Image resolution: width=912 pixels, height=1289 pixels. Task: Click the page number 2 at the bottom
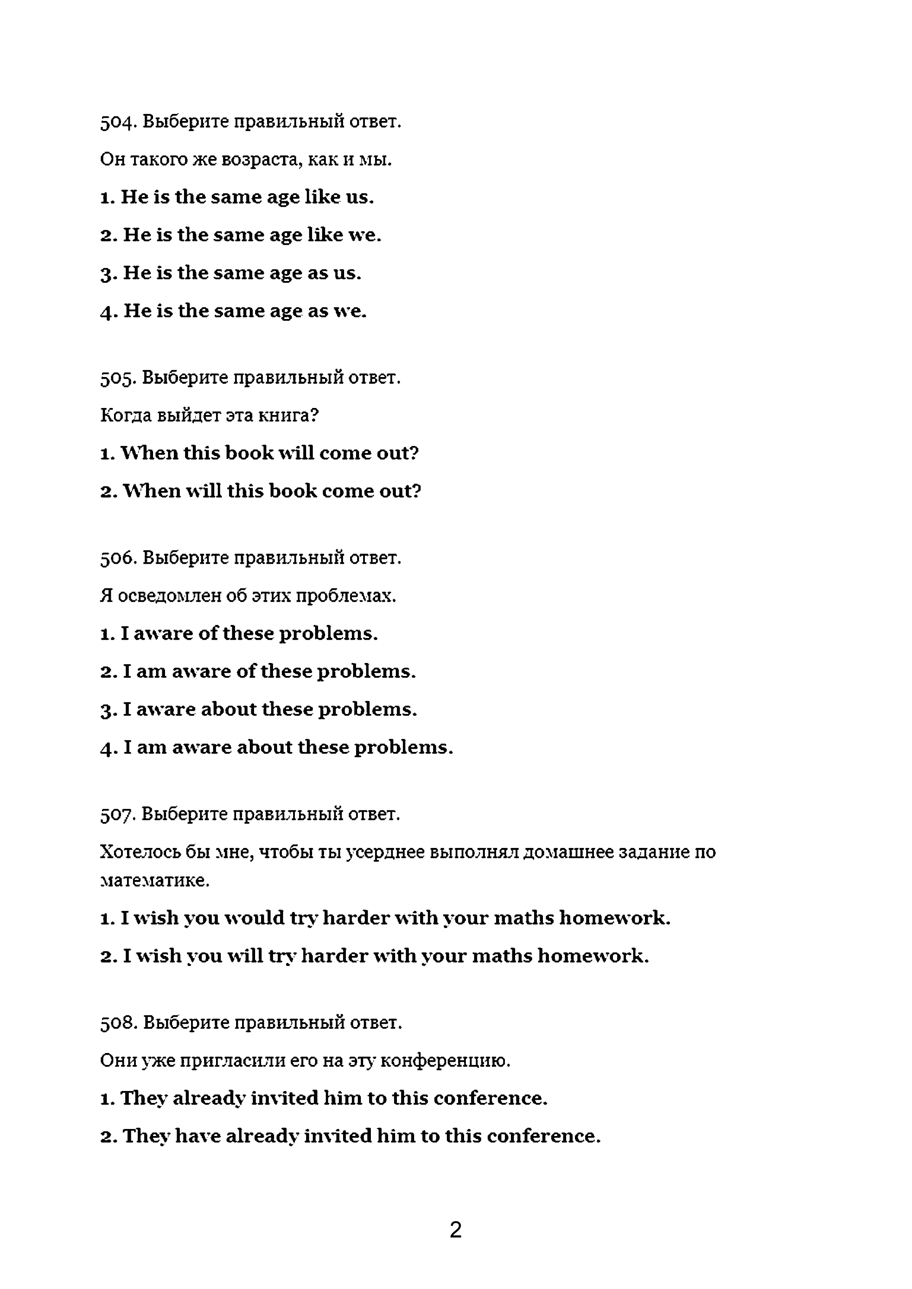pyautogui.click(x=455, y=1230)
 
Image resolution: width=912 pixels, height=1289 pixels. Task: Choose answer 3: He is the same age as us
pyautogui.click(x=231, y=273)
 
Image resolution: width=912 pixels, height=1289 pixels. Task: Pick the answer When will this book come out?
pyautogui.click(x=261, y=491)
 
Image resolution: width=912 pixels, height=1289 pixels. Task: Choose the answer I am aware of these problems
pyautogui.click(x=258, y=671)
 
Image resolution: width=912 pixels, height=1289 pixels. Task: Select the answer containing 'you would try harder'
pyautogui.click(x=385, y=918)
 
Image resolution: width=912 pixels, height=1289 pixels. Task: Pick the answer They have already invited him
pyautogui.click(x=350, y=1136)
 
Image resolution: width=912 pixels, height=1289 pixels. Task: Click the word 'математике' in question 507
pyautogui.click(x=154, y=880)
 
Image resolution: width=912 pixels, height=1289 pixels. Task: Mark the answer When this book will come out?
pyautogui.click(x=259, y=453)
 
